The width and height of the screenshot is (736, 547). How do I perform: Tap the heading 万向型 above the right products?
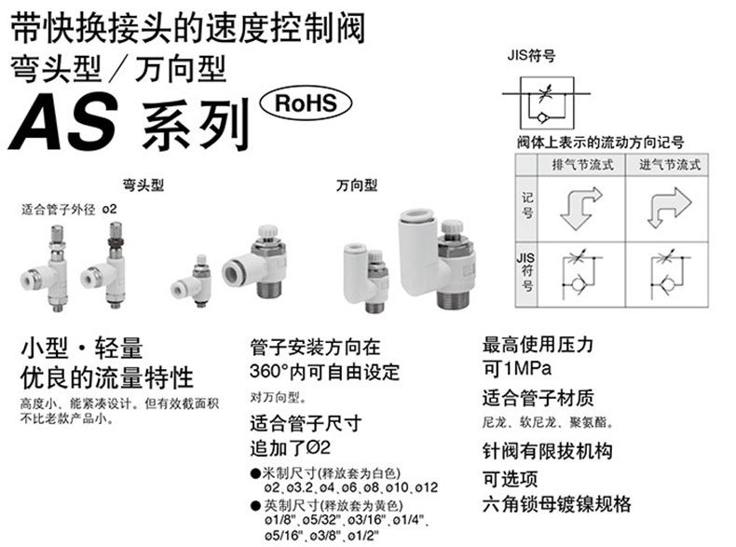(357, 185)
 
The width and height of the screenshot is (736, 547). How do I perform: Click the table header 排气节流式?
(579, 164)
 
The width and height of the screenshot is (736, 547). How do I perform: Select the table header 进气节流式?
(669, 164)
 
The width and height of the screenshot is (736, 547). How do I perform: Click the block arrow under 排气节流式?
(579, 208)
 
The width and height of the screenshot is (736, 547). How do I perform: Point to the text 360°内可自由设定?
(325, 372)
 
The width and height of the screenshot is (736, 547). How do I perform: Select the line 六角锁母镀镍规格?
(556, 504)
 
